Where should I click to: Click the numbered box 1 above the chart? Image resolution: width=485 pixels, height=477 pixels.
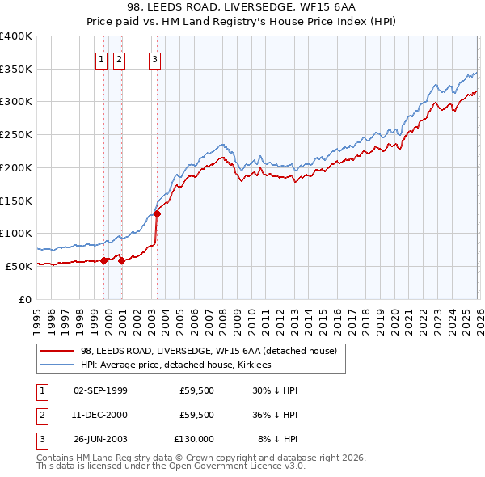point(102,58)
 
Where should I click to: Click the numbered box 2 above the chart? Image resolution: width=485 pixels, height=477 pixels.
point(119,58)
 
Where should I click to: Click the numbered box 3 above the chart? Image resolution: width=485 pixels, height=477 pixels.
point(154,58)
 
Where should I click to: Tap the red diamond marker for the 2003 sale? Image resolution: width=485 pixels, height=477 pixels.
point(157,213)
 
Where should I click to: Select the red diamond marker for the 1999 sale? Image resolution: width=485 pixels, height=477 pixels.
point(103,260)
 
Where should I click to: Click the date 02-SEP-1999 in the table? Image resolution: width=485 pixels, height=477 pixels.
point(100,390)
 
